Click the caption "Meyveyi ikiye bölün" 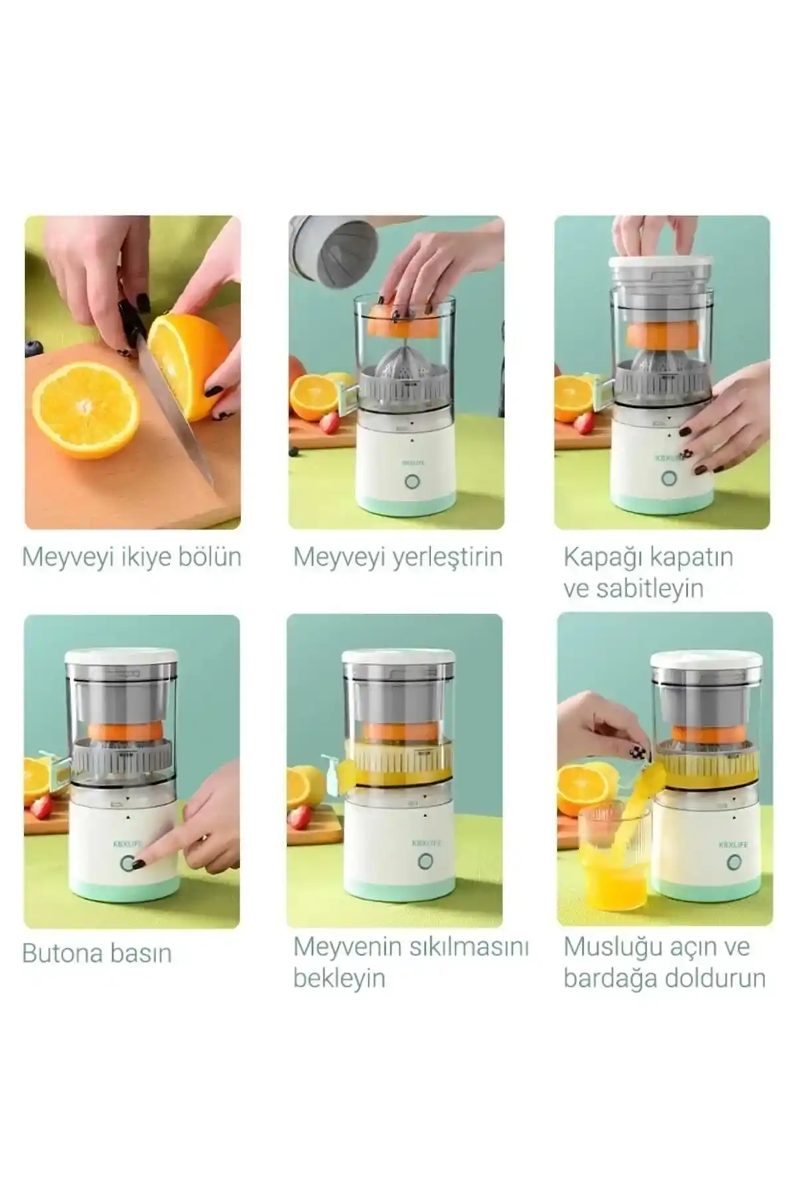click(132, 557)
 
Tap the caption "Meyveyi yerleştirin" click(398, 557)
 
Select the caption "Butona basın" click(97, 953)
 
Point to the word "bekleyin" click(339, 978)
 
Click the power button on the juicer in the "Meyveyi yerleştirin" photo click(412, 482)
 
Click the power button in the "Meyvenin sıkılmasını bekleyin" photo click(425, 862)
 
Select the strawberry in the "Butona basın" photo click(41, 807)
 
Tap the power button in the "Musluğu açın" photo click(734, 862)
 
